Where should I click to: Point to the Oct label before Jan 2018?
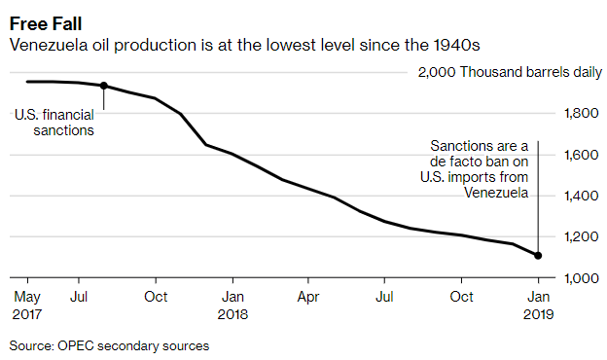155,296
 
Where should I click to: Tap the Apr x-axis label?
307,296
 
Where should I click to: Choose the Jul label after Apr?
385,296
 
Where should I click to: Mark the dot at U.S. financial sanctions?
104,86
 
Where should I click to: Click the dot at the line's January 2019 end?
538,256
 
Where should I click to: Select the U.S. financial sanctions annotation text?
54,123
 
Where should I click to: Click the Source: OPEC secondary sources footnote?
109,345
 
